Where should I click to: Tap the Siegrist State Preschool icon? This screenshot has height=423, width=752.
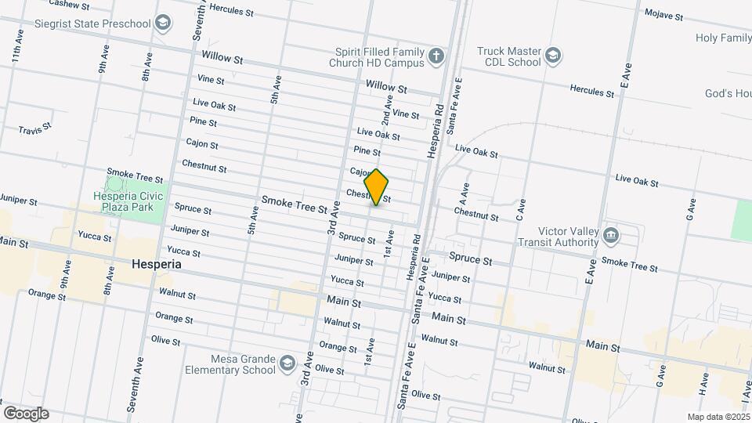[163, 23]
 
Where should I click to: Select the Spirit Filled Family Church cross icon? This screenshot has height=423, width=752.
[436, 55]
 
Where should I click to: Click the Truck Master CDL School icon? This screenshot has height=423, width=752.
[553, 55]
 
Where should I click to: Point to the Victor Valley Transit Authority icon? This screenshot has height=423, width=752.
[612, 236]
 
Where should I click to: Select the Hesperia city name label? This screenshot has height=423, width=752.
[157, 265]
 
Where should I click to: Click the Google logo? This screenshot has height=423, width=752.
[26, 413]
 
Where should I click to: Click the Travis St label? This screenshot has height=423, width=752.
[34, 127]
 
